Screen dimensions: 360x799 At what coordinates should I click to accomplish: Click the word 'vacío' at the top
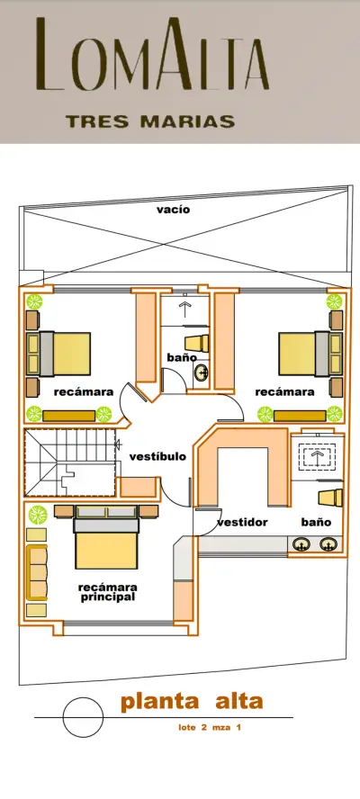pos(174,210)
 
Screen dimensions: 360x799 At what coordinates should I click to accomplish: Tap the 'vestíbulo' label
pos(157,456)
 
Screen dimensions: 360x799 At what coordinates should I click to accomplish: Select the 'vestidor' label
pos(242,522)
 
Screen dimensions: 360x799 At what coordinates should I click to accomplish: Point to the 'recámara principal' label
pos(107,592)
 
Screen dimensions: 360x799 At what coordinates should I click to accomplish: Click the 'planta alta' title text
pos(192,702)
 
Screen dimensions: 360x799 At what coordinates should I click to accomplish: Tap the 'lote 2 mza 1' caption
pos(209,728)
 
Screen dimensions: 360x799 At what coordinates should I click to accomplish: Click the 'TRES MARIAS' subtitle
pos(150,121)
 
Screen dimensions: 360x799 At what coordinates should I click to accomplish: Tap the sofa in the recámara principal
pos(37,571)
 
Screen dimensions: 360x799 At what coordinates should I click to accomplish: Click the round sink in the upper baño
pos(202,373)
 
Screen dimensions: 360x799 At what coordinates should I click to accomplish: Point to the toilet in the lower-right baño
pos(330,498)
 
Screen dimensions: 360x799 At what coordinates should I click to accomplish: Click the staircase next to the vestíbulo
pos(70,462)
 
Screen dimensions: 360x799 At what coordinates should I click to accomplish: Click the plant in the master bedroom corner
pos(38,515)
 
